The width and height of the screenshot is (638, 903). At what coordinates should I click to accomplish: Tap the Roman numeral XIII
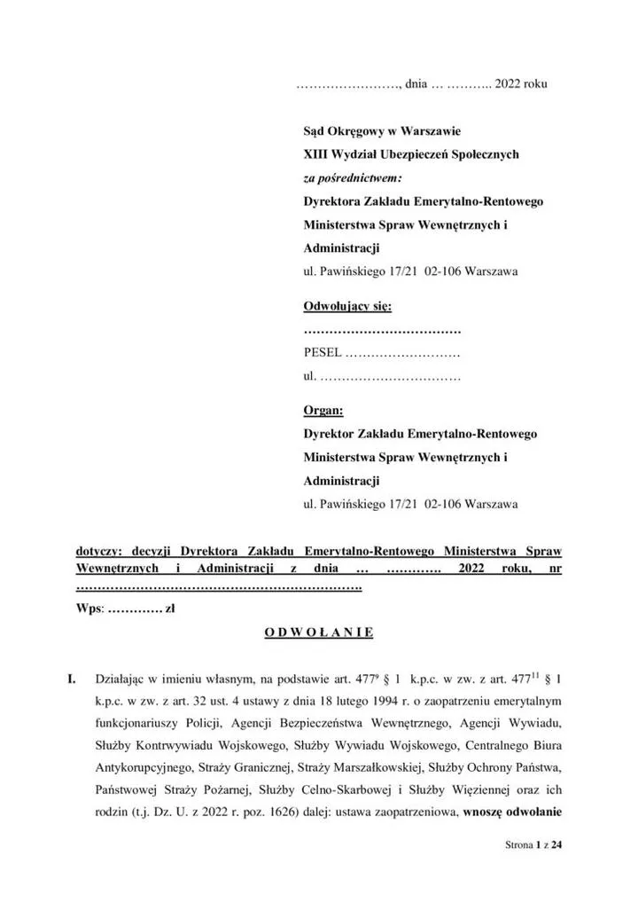point(315,154)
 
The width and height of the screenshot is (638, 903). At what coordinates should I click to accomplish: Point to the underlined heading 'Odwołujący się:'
point(346,307)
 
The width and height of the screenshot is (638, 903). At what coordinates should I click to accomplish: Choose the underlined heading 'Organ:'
point(323,411)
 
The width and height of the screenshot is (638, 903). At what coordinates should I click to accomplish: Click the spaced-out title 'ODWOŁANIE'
point(319,632)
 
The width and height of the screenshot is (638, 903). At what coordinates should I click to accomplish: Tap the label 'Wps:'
point(90,609)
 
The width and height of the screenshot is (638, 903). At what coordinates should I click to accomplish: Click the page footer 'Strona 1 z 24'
point(527,846)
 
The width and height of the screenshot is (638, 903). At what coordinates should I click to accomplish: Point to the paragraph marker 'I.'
point(74,679)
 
